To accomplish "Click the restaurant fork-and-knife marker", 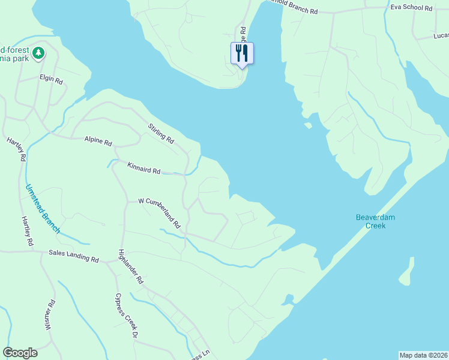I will pyautogui.click(x=242, y=53).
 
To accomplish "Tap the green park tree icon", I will pyautogui.click(x=38, y=53).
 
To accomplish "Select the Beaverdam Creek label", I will pyautogui.click(x=375, y=221).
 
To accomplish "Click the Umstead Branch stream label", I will pyautogui.click(x=42, y=208).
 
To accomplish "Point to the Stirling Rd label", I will pyautogui.click(x=161, y=133).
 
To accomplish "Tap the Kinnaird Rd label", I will pyautogui.click(x=144, y=167).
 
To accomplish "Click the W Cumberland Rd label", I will pyautogui.click(x=160, y=213).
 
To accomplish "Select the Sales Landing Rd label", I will pyautogui.click(x=73, y=256).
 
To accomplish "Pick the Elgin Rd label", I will pyautogui.click(x=51, y=79).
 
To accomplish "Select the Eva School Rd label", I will pyautogui.click(x=411, y=8).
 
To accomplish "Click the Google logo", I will pyautogui.click(x=20, y=353).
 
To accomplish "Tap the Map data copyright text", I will pyautogui.click(x=423, y=355).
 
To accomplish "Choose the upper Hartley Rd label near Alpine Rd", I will pyautogui.click(x=17, y=149).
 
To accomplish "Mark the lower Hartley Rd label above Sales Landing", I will pyautogui.click(x=28, y=231).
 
